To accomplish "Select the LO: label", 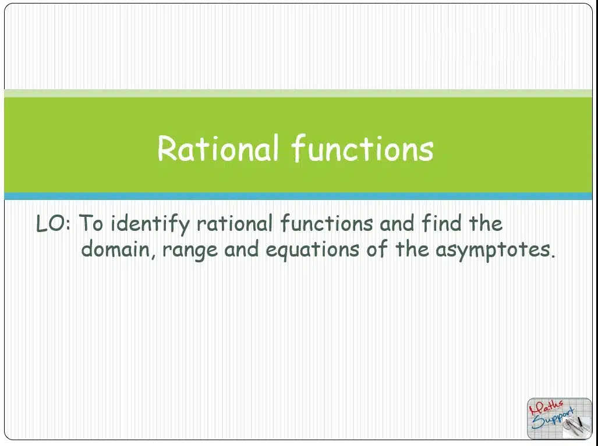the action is pos(54,224).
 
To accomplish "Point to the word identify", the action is pos(150,224).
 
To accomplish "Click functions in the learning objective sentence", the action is pos(327,223).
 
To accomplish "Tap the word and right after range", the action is pos(241,250).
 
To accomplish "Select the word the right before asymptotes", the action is pos(412,249).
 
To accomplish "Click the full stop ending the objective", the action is pos(553,256).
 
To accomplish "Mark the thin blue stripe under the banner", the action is pos(298,196).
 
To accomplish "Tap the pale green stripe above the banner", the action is pos(298,93).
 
